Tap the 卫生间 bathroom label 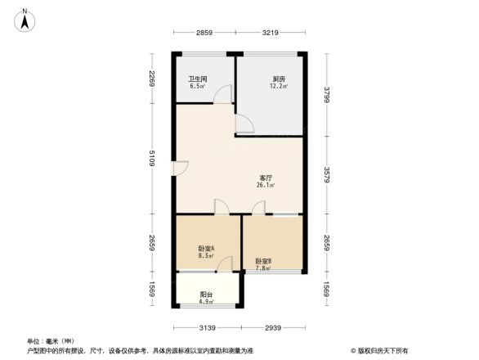(197, 79)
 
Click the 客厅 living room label (266, 178)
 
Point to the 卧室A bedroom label (205, 249)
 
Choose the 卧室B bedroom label (262, 261)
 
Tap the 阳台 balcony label (207, 295)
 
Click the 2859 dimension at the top (204, 33)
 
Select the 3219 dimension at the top (271, 33)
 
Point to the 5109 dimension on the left (152, 161)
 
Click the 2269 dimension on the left (152, 78)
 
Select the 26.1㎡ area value (266, 186)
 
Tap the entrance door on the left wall (181, 169)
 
